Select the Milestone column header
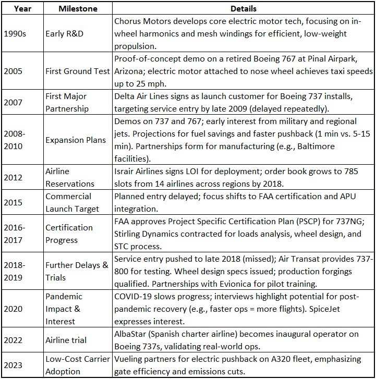pyautogui.click(x=77, y=9)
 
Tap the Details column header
pyautogui.click(x=244, y=9)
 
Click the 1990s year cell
pyautogui.click(x=15, y=34)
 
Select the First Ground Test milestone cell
pyautogui.click(x=77, y=71)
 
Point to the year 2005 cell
pyautogui.click(x=13, y=71)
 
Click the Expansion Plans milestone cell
pyautogui.click(x=76, y=140)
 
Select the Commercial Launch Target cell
pyautogui.click(x=72, y=202)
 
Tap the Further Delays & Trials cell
pyautogui.click(x=77, y=271)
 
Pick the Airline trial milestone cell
pyautogui.click(x=66, y=340)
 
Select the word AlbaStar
pyautogui.click(x=132, y=334)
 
